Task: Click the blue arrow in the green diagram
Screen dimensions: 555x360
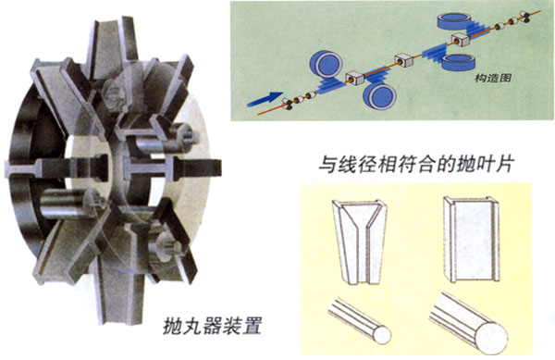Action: pyautogui.click(x=265, y=99)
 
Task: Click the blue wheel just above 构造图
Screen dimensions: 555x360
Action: pyautogui.click(x=459, y=62)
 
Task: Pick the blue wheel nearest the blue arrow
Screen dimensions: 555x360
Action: pyautogui.click(x=326, y=64)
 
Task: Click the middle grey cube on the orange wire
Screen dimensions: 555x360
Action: pyautogui.click(x=404, y=60)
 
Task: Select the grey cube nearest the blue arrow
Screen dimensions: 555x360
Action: pyautogui.click(x=354, y=79)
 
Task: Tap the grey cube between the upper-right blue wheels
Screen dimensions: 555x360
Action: pyautogui.click(x=461, y=40)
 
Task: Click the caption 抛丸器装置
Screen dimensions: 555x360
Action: pyautogui.click(x=213, y=326)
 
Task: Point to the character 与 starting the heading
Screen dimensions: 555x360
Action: pyautogui.click(x=327, y=164)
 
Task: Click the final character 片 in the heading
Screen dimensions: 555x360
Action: pyautogui.click(x=504, y=164)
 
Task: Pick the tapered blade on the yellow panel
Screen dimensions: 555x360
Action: pyautogui.click(x=359, y=242)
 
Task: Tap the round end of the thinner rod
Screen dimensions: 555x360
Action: pyautogui.click(x=382, y=335)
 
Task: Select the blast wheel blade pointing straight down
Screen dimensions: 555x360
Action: pyautogui.click(x=118, y=292)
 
